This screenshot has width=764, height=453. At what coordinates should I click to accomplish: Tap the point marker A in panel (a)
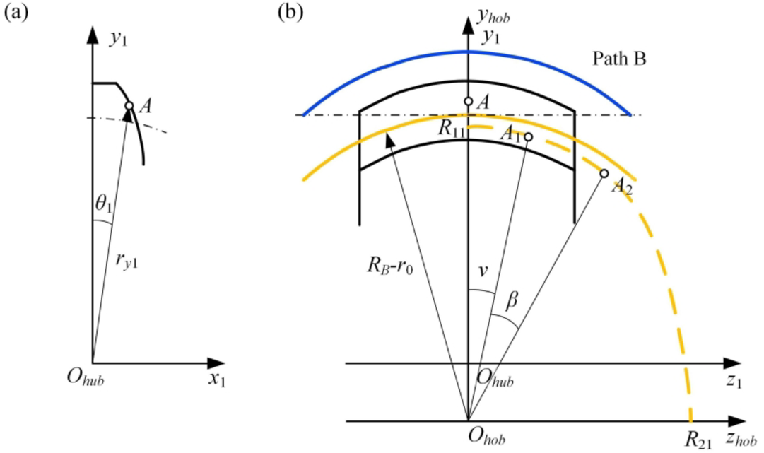pos(129,106)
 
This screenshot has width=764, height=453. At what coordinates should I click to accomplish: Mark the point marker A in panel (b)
pos(467,101)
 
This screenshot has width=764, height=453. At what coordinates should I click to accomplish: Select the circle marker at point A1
pos(527,137)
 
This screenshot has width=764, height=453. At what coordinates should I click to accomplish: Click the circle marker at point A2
pos(604,173)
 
